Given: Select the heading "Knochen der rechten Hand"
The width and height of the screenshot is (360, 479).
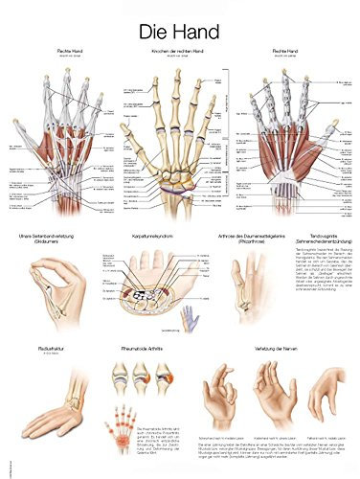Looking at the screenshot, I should tap(180, 50).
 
